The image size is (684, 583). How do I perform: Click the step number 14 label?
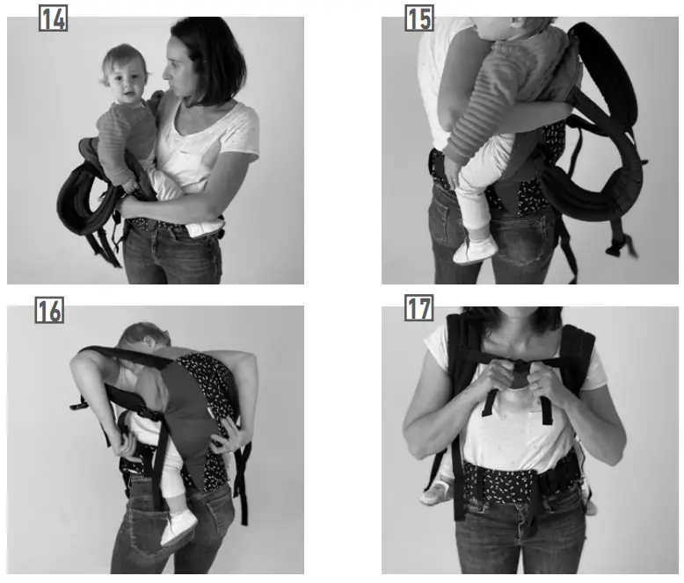click(x=53, y=18)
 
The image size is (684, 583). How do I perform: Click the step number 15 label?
click(x=418, y=18)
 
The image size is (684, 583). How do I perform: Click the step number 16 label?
click(x=49, y=309)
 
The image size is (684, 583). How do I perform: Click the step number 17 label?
click(x=418, y=309)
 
